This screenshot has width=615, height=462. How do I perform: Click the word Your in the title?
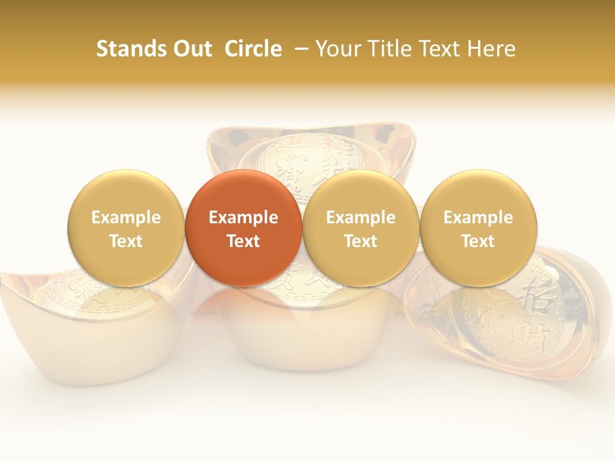pos(337,49)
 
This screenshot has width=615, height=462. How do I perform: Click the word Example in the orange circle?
pos(243,218)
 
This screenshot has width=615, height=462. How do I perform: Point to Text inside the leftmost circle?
pos(126,241)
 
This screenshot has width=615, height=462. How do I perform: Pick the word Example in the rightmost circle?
pos(479,218)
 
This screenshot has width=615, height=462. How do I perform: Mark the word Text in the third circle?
pos(361,241)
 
